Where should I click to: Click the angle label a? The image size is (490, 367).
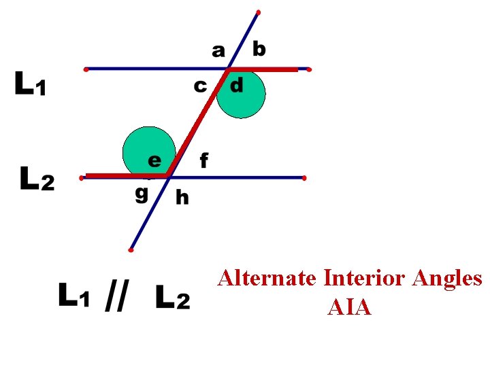218,50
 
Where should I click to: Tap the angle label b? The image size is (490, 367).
259,49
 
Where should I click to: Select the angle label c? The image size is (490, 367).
200,86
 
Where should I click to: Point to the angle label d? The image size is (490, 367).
236,86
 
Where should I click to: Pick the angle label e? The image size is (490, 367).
155,160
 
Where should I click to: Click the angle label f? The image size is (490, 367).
203,160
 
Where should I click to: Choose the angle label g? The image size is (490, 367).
141,193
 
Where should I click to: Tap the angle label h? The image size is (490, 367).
182,197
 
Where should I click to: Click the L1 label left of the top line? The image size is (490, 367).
31,85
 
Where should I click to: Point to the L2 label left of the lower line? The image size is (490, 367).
37,181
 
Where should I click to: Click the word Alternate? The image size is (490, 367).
266,279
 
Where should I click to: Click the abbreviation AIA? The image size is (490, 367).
349,307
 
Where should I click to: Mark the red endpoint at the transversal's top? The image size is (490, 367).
259,12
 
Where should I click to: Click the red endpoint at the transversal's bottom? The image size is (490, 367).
130,250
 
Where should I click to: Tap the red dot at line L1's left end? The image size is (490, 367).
86,69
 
